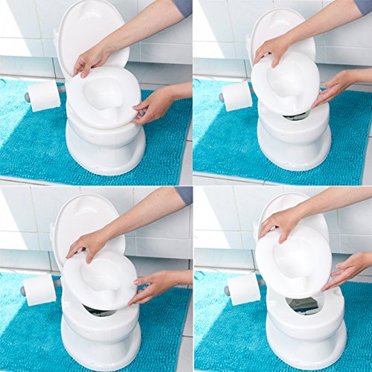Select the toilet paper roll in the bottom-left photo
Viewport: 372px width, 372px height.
42,289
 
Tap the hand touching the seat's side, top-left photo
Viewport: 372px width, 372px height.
153,106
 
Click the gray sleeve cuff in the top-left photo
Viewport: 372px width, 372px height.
182,8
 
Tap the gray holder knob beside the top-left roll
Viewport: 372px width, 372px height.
28,97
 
